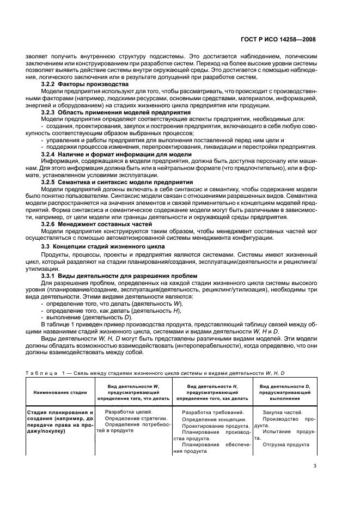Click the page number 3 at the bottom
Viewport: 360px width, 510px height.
[x=315, y=465]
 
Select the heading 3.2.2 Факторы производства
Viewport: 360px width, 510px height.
[x=85, y=84]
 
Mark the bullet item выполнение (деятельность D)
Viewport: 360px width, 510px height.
[x=89, y=317]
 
